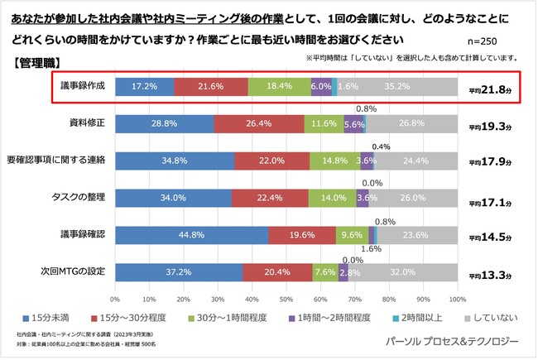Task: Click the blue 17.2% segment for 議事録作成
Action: point(145,86)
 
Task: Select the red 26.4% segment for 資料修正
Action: point(258,123)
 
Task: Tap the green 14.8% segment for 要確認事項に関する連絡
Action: point(330,160)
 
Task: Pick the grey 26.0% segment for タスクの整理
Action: point(412,198)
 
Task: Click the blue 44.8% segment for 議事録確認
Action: point(191,235)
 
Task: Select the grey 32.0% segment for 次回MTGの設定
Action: point(402,272)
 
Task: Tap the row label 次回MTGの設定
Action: point(74,272)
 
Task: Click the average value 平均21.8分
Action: point(492,89)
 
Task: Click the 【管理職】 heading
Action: point(36,63)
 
